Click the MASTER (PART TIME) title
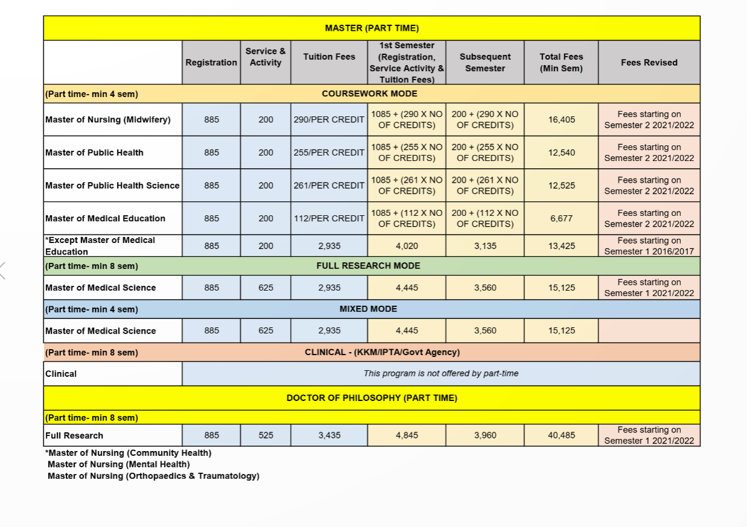pos(371,28)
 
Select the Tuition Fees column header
pos(329,57)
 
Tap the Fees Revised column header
pos(649,63)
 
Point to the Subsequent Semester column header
pos(485,63)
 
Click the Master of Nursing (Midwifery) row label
pos(108,119)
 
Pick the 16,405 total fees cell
pos(561,119)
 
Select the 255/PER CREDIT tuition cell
pos(329,153)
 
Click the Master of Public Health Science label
pos(112,186)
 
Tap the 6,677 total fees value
pos(561,218)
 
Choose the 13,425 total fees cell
pos(561,246)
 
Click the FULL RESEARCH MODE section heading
pos(368,266)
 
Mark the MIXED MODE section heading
pos(368,309)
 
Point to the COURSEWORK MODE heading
pos(369,94)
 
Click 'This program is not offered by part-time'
pos(440,374)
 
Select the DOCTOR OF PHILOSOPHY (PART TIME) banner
pos(371,399)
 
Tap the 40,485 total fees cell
pos(561,435)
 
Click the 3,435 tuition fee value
pos(329,435)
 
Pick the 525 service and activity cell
pos(265,435)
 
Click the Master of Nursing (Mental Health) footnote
pos(119,464)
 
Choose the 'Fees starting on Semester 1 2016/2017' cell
pos(649,246)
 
